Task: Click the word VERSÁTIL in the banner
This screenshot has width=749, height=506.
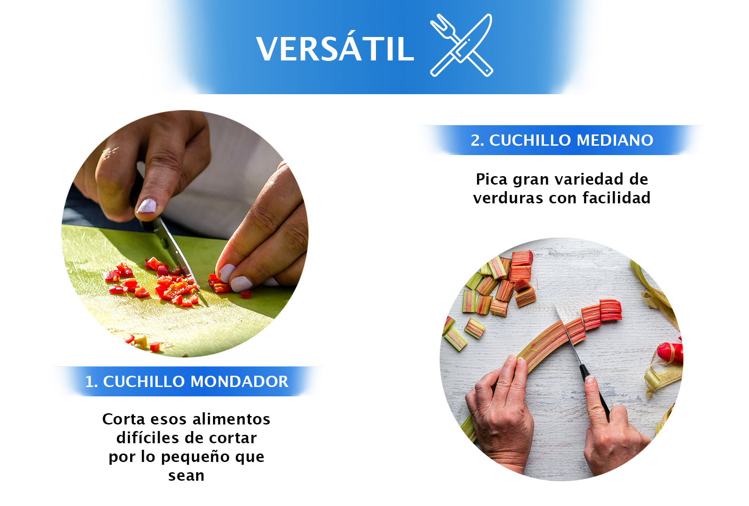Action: (x=335, y=49)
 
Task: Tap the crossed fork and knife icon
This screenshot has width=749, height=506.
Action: (x=461, y=45)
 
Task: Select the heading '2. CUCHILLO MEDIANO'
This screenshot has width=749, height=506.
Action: (x=561, y=140)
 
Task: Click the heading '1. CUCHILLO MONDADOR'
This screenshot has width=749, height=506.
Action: (x=186, y=381)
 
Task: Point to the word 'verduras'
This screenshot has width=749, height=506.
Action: (x=508, y=198)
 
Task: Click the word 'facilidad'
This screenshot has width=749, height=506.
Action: (x=616, y=198)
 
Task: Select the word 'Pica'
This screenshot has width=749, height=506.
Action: (x=492, y=179)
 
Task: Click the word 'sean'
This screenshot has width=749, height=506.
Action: (x=186, y=476)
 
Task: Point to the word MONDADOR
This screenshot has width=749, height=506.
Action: (x=239, y=381)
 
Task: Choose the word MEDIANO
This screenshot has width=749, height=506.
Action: (x=615, y=140)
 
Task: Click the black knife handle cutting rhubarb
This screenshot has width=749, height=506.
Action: (x=595, y=389)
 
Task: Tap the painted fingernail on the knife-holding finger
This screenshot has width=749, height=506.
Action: (x=147, y=205)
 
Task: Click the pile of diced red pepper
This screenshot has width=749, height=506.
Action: (x=173, y=286)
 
